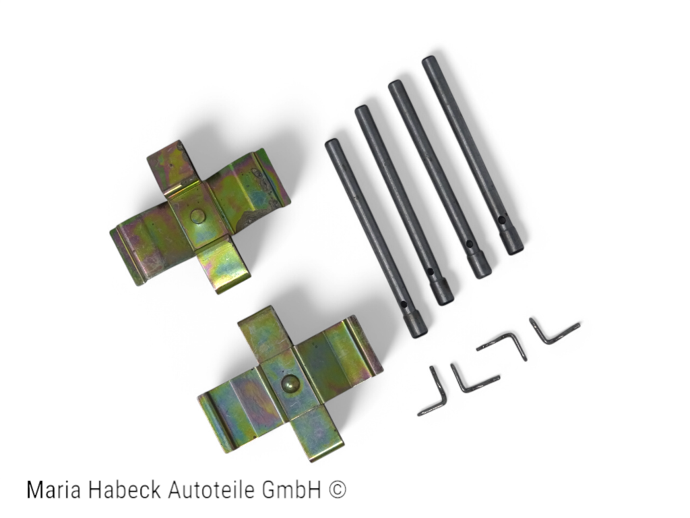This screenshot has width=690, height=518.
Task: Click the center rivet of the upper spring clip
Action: (197, 216)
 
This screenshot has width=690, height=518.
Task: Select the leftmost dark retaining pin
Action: (375, 236)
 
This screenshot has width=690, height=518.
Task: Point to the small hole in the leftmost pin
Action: (404, 306)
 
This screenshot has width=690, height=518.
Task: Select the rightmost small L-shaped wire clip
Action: (552, 332)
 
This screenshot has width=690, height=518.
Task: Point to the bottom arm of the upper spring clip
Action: (223, 266)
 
